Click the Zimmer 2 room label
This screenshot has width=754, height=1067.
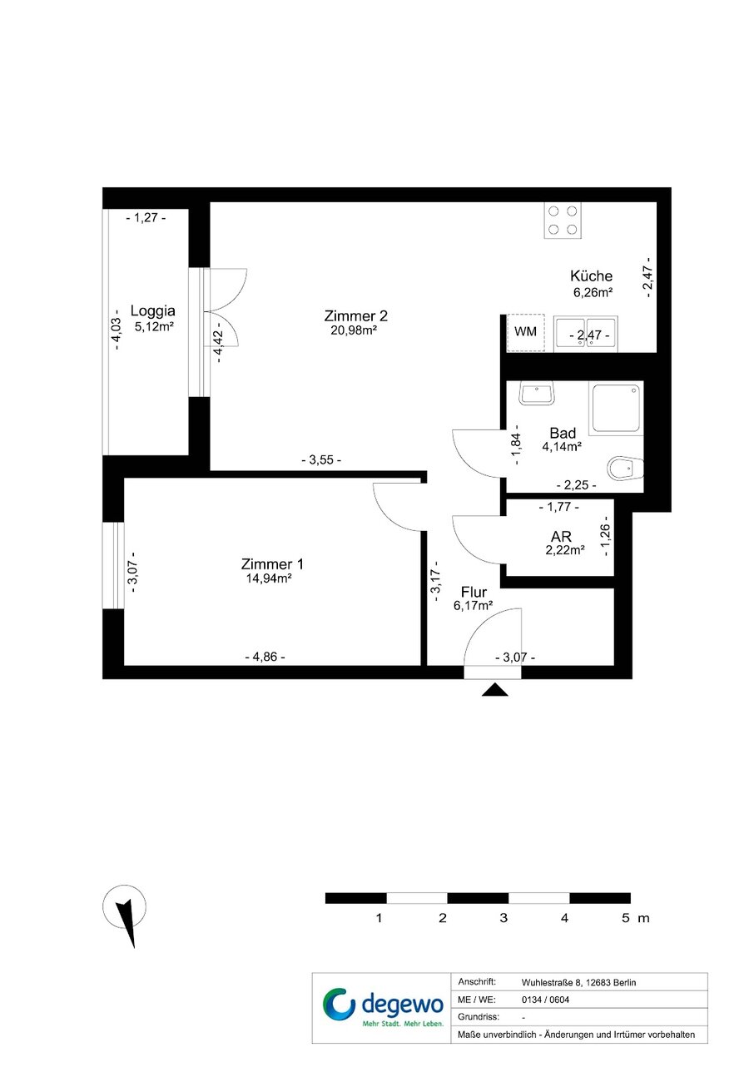355,315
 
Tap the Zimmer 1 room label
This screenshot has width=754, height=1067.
272,564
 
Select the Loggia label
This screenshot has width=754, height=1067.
153,311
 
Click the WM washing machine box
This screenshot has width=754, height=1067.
525,332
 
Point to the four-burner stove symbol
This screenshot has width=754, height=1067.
563,220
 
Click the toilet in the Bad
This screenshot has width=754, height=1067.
626,469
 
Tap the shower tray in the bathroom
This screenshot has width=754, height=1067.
616,408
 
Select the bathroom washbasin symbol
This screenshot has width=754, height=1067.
536,393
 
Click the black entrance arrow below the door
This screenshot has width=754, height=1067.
494,690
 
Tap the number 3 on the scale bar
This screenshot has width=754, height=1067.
503,918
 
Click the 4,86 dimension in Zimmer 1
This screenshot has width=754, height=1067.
265,657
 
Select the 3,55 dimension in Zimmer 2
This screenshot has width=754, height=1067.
321,460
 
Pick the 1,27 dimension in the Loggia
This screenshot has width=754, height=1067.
146,218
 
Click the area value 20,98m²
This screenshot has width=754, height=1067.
354,330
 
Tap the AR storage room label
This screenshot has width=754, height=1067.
561,537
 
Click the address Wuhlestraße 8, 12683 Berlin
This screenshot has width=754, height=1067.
578,983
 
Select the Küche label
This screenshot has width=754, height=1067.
591,275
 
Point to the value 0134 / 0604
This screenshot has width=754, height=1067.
545,1000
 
